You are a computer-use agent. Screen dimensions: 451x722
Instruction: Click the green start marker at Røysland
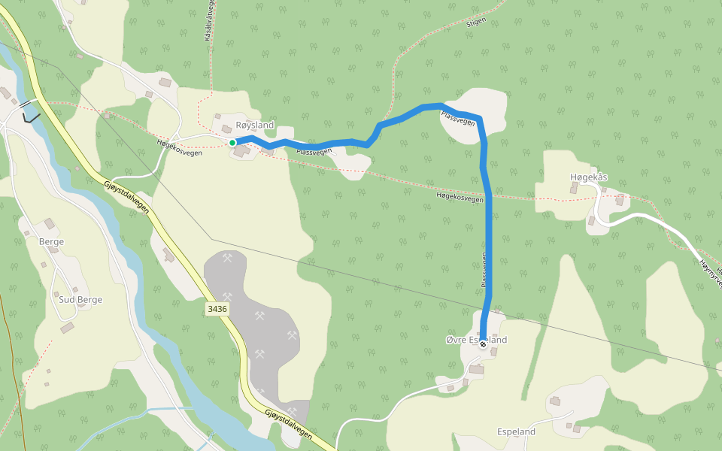[x=232, y=142]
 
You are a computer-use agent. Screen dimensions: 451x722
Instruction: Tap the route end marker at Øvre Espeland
[x=483, y=344]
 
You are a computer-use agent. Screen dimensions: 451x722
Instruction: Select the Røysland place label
[x=255, y=125]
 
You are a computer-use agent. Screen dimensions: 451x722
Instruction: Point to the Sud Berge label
[x=80, y=299]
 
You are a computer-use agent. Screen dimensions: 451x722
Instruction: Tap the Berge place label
[x=51, y=241]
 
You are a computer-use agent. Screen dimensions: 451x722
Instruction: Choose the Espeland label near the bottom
[x=517, y=432]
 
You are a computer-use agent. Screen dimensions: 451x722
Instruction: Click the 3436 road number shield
[x=218, y=309]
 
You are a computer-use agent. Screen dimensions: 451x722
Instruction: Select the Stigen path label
[x=476, y=23]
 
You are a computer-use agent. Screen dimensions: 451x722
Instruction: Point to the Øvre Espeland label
[x=476, y=340]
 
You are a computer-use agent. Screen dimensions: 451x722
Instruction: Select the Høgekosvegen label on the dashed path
[x=459, y=198]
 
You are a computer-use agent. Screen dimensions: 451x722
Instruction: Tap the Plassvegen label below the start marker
[x=314, y=152]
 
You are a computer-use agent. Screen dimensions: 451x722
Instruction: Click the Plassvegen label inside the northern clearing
[x=458, y=117]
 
